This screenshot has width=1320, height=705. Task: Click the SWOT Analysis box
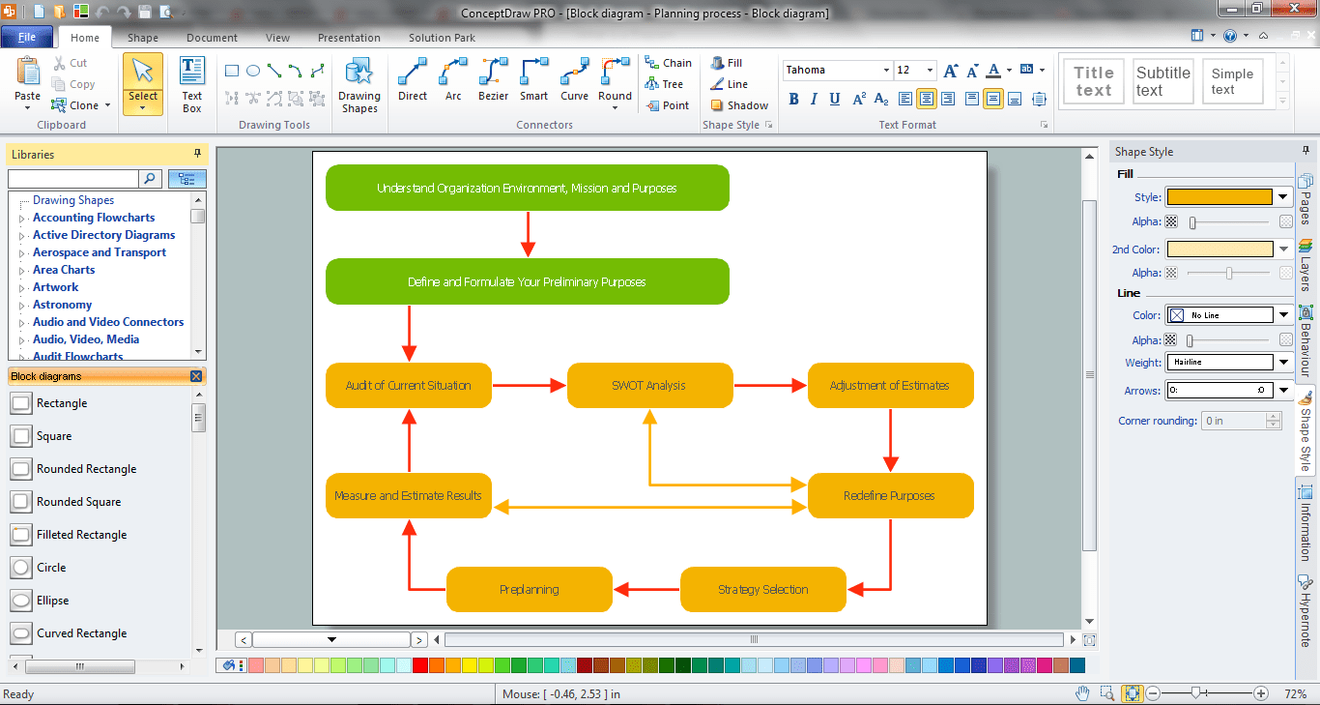(x=649, y=385)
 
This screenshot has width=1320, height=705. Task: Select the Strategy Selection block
(x=762, y=589)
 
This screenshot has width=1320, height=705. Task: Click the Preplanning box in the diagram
(x=529, y=589)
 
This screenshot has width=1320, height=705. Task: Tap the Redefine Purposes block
(x=890, y=495)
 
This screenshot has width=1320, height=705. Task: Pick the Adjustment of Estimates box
(x=890, y=385)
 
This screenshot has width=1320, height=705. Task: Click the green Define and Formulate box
(x=527, y=281)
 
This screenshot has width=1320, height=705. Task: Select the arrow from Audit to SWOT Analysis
(x=529, y=385)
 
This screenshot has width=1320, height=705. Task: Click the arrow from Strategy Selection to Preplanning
(x=646, y=589)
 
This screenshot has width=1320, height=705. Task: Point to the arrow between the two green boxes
(x=528, y=233)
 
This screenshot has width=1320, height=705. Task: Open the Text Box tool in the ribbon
(x=192, y=84)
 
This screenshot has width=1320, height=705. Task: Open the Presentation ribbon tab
(x=349, y=38)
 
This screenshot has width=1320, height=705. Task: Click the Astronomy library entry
(x=63, y=305)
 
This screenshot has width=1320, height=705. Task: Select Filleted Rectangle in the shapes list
(x=81, y=535)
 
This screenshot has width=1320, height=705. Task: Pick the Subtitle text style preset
(x=1162, y=81)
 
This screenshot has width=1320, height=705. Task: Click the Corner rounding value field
(x=1232, y=421)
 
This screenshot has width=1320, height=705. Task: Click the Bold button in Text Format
(x=794, y=99)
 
